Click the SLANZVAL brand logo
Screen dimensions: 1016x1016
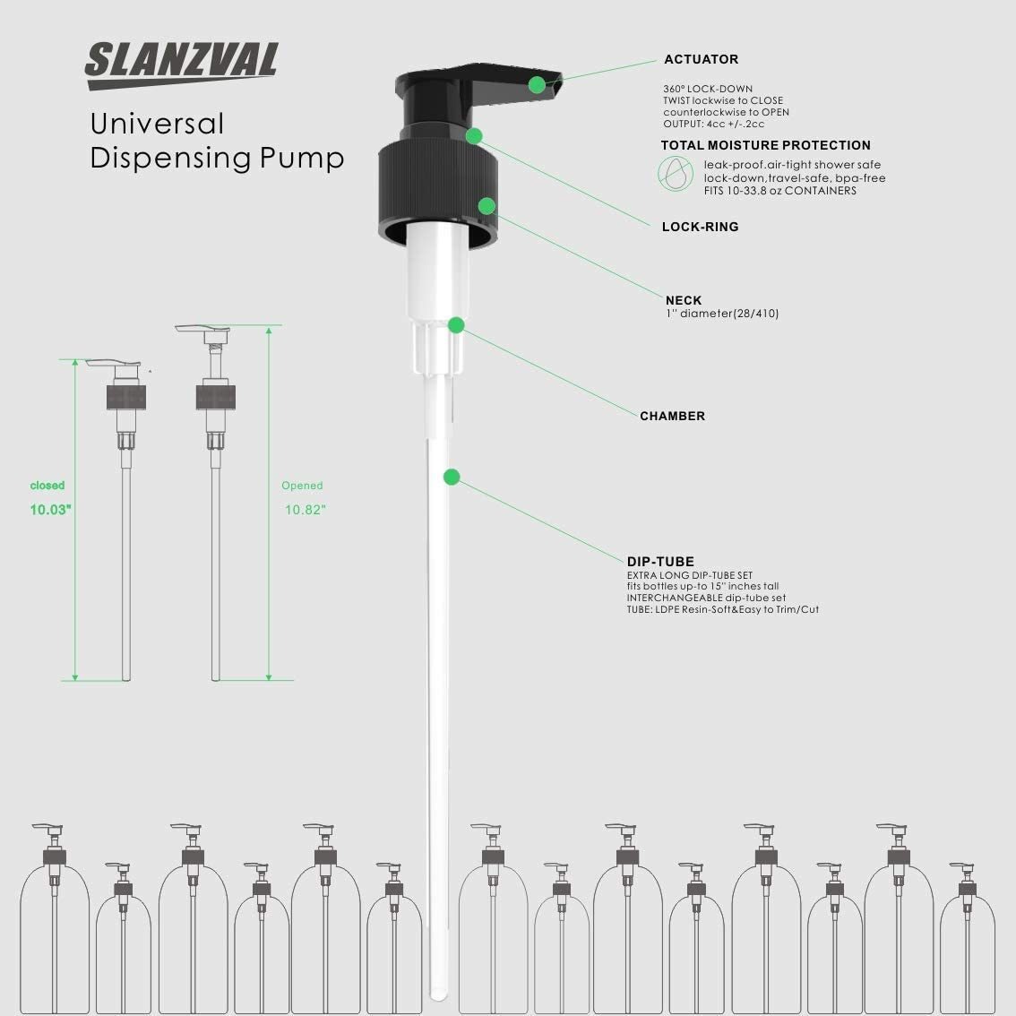click(181, 65)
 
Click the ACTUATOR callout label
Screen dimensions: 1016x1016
click(702, 59)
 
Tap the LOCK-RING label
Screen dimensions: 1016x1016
click(700, 227)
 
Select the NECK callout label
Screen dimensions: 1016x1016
click(684, 300)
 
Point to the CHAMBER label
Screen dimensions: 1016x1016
click(672, 416)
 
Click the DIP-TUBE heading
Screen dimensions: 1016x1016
click(660, 562)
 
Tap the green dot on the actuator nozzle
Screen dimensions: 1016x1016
click(537, 84)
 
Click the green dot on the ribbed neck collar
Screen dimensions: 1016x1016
click(486, 206)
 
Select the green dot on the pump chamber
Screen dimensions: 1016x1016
click(456, 325)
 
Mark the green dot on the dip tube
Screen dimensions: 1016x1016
click(452, 477)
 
